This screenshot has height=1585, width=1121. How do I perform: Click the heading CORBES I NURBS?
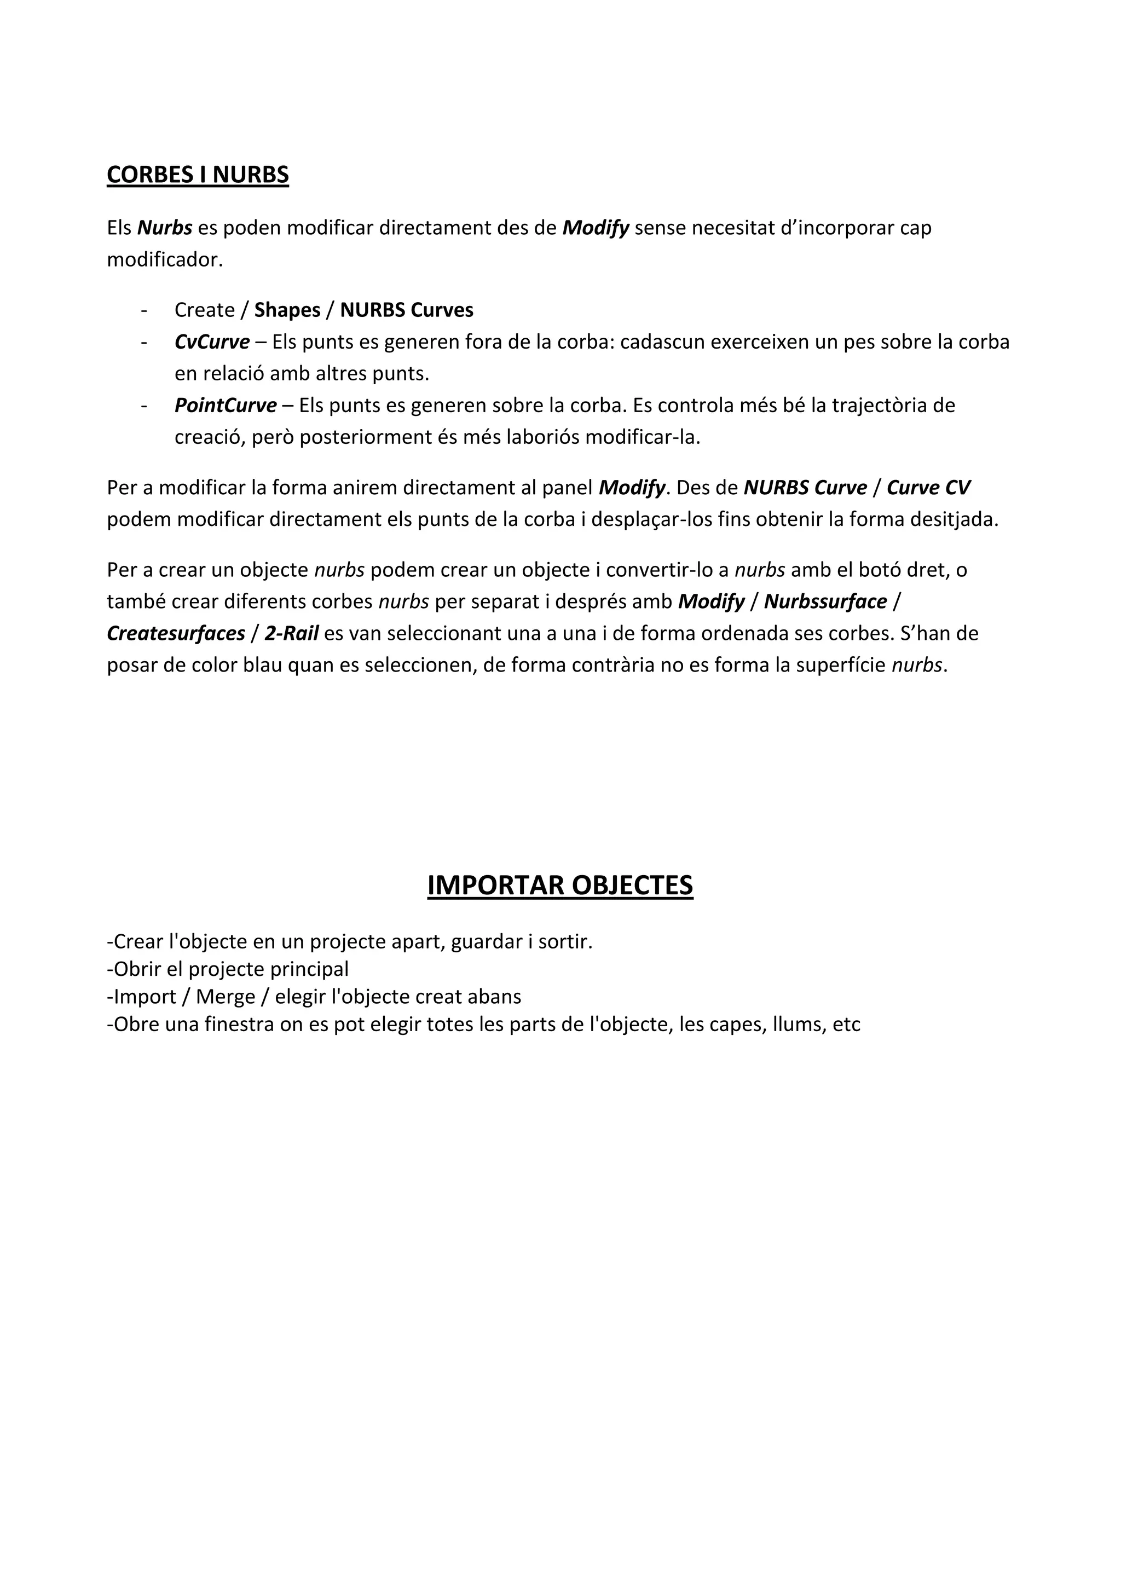198,175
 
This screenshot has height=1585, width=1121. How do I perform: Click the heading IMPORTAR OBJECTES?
560,885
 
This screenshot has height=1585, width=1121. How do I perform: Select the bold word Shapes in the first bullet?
287,310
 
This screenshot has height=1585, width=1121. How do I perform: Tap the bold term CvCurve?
212,342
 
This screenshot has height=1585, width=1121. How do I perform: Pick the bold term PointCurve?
225,405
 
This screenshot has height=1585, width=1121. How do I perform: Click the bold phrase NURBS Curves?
407,310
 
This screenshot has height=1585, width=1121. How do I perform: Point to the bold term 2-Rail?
291,633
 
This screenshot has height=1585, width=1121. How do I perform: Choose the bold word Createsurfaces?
176,633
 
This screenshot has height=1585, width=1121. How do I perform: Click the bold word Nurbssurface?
825,601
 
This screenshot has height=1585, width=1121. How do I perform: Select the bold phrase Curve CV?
928,487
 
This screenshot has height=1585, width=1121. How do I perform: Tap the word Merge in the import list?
225,997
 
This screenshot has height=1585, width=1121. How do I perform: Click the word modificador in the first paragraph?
164,259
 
